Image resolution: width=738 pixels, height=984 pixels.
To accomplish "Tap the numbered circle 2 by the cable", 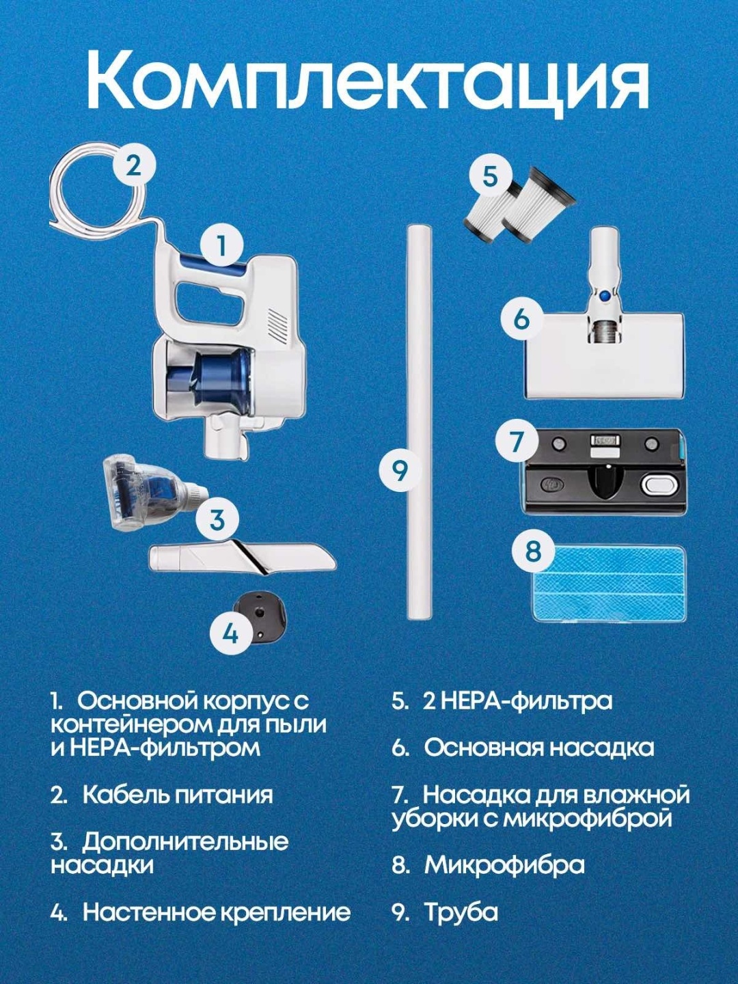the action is pyautogui.click(x=134, y=166).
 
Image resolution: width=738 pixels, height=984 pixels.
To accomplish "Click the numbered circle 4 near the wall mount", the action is pyautogui.click(x=231, y=633).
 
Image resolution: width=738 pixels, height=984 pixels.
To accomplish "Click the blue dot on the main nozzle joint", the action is pyautogui.click(x=605, y=295).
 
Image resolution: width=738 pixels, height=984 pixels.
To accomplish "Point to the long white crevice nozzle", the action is pyautogui.click(x=242, y=558).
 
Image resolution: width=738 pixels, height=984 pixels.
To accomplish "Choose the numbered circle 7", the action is pyautogui.click(x=517, y=441).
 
